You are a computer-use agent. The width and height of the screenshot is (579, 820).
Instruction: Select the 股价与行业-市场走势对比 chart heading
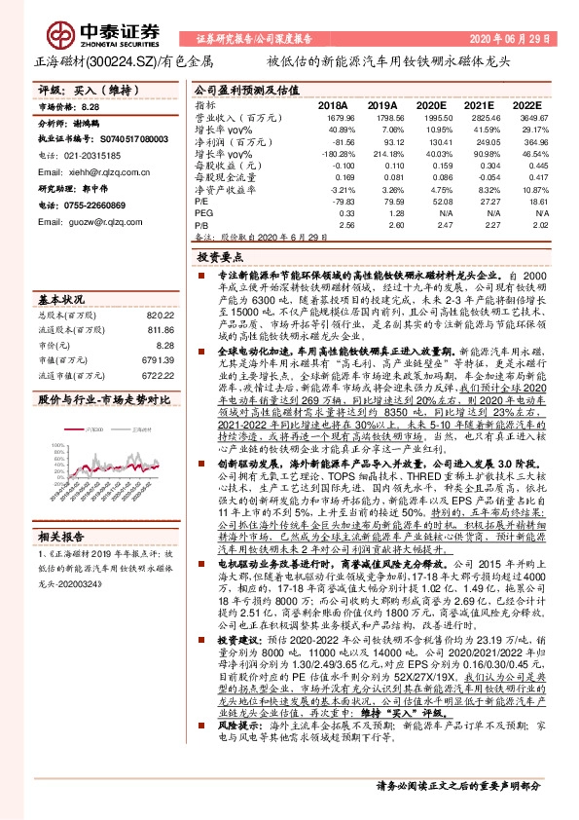click(x=103, y=399)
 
